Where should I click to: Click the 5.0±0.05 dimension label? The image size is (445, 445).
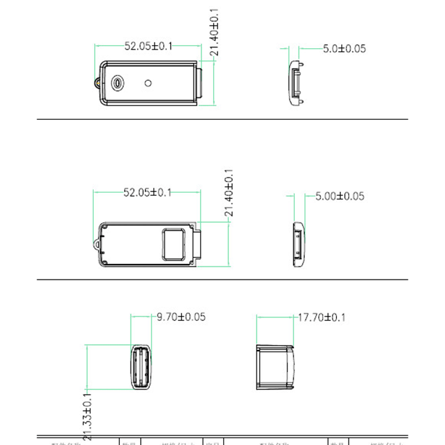(344, 49)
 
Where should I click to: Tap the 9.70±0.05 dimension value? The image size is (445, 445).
(180, 317)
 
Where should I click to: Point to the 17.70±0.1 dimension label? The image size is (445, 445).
(321, 317)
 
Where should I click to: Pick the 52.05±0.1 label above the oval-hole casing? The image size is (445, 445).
(148, 46)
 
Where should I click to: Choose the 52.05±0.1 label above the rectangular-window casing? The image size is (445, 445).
(147, 192)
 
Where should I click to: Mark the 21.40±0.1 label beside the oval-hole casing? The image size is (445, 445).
(214, 33)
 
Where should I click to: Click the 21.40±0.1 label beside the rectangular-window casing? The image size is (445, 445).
(228, 193)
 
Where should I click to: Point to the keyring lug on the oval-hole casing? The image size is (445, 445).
(96, 83)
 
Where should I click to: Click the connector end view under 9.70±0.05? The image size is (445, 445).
(141, 367)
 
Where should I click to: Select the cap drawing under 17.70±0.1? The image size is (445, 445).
(276, 367)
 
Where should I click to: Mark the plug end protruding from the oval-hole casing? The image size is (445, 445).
(201, 83)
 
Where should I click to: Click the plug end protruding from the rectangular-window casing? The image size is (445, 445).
(200, 244)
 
